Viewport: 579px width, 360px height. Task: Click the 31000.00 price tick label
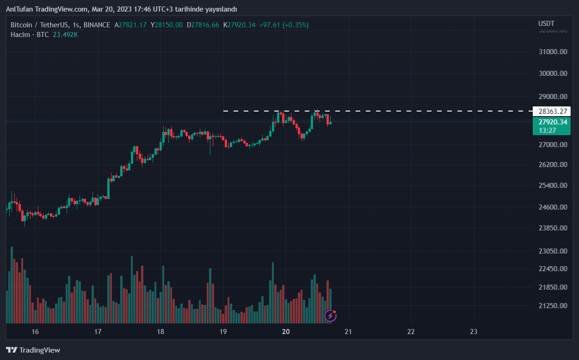coord(553,52)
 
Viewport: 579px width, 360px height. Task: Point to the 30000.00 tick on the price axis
coord(553,74)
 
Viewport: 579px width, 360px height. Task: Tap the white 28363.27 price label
coord(553,111)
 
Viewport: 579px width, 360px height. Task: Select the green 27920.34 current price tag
coord(553,122)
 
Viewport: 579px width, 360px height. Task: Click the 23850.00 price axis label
coord(553,228)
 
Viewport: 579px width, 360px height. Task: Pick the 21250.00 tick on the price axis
coord(553,306)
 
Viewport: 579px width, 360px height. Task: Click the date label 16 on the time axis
coord(35,332)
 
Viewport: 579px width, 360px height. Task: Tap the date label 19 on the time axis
coord(222,332)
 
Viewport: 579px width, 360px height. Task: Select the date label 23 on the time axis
coord(473,332)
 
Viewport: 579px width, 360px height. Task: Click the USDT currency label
coord(546,24)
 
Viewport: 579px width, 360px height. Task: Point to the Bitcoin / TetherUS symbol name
coord(40,25)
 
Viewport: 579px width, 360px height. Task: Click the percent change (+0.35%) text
coord(296,25)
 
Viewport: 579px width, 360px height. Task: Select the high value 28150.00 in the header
coord(168,25)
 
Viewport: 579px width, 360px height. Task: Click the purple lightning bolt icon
coord(330,316)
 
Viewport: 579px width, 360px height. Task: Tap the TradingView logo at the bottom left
coord(33,350)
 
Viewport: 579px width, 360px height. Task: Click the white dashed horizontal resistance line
coord(416,111)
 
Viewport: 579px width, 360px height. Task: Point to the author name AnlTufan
coord(19,9)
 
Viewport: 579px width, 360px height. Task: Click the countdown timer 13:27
coord(547,130)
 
